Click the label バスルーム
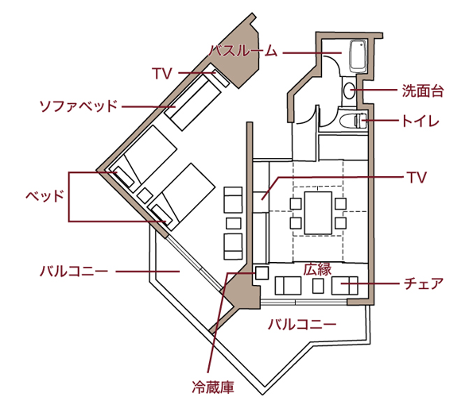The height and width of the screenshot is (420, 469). (x=243, y=51)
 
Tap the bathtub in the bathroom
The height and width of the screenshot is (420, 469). (x=358, y=56)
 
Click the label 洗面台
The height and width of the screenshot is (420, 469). (x=422, y=91)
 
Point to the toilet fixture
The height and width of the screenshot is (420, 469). (x=353, y=121)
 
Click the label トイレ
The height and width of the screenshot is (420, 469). (x=420, y=121)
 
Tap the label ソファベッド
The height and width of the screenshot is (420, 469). (x=78, y=106)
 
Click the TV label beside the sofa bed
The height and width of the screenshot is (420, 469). (x=162, y=73)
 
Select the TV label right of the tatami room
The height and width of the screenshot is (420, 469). (x=417, y=177)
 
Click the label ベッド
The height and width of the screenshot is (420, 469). (x=45, y=196)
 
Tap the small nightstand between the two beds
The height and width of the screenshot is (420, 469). (x=145, y=196)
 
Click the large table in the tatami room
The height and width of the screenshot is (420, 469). (x=318, y=213)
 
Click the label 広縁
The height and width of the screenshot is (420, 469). (x=318, y=269)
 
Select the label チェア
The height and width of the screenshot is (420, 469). (x=424, y=283)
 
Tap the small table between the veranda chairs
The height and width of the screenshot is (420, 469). (x=318, y=286)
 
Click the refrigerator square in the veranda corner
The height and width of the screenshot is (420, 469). (x=262, y=273)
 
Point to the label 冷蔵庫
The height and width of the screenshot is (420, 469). (x=213, y=387)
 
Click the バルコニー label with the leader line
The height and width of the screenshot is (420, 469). (x=74, y=272)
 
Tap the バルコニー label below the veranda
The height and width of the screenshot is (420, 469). (x=302, y=325)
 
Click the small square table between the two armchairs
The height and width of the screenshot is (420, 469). (x=233, y=223)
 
